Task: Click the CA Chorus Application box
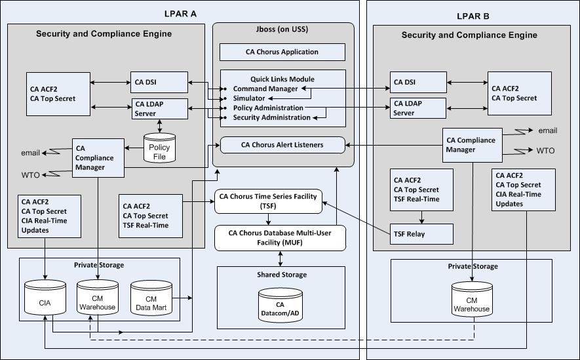[x=282, y=52]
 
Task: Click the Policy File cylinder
[x=160, y=148]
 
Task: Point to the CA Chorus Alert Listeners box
[x=282, y=145]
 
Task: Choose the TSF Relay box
[x=422, y=233]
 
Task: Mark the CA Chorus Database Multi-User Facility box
[x=280, y=237]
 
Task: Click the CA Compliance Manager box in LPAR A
[x=97, y=157]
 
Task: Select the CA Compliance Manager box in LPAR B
[x=470, y=144]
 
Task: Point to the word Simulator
[x=249, y=98]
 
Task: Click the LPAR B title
[x=472, y=16]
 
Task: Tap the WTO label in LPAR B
[x=545, y=151]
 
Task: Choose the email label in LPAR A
[x=30, y=153]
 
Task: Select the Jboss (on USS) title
[x=282, y=30]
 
